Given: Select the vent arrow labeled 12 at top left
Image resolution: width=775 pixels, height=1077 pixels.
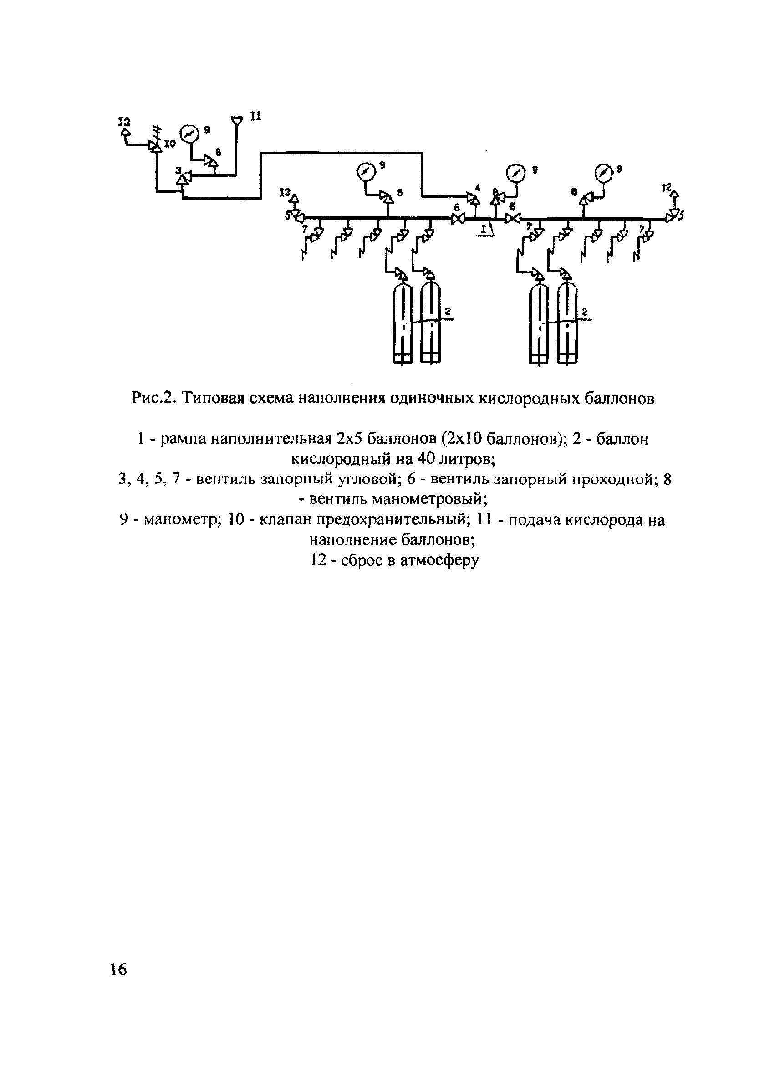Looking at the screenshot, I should point(125,132).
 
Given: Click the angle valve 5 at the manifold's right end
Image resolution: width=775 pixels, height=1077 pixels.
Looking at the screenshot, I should point(672,217).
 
